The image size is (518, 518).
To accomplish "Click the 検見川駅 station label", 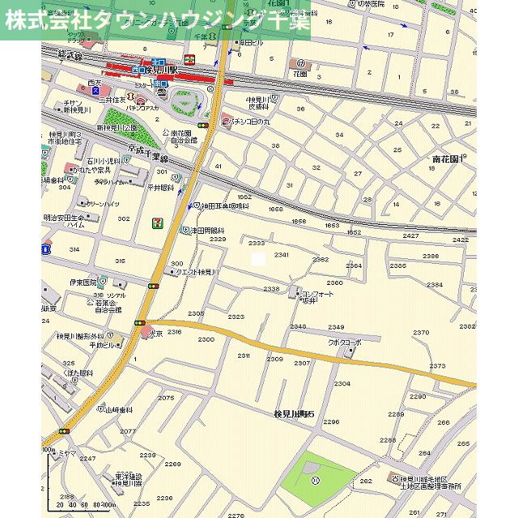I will [175, 71].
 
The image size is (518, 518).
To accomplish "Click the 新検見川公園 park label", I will [118, 128].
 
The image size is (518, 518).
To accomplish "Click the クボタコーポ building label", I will [344, 342].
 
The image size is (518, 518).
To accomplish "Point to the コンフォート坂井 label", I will [316, 297].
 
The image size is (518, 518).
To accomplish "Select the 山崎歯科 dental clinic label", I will [117, 410].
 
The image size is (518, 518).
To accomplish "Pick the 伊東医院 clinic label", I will [83, 282].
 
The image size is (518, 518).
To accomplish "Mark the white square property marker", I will [257, 259].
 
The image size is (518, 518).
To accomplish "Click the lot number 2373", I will [437, 366].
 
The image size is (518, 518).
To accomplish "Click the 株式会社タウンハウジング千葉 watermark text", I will [157, 20].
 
